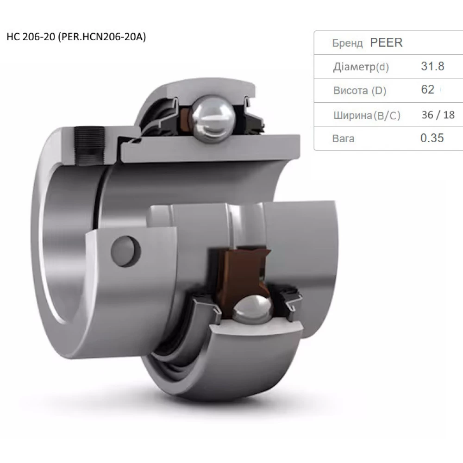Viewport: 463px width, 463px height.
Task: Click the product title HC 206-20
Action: point(29,38)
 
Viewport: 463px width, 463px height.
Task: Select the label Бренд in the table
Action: point(347,44)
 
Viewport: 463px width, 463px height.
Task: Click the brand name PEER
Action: point(386,43)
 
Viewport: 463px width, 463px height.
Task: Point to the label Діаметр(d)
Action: point(361,67)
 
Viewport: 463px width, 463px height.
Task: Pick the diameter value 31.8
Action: point(432,66)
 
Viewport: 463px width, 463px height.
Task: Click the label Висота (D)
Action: point(359,91)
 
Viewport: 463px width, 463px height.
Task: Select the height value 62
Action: point(427,90)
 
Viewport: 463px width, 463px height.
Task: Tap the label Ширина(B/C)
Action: point(366,115)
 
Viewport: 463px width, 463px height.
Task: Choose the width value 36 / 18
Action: point(438,115)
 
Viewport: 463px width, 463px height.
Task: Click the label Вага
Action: point(343,138)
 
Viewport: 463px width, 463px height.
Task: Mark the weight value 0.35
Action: point(432,138)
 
